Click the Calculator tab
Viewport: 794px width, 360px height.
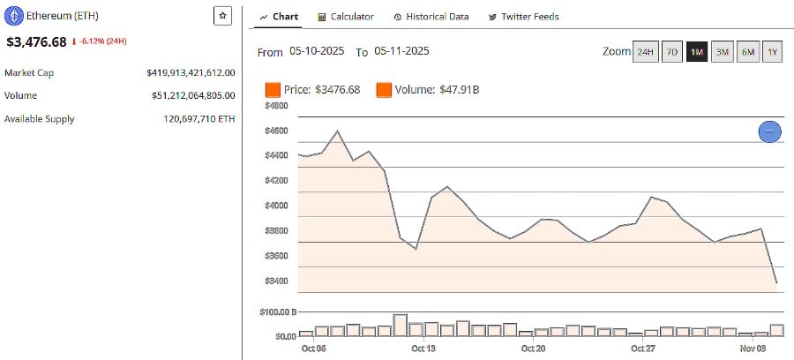click(346, 17)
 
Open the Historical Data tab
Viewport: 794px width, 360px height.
click(431, 17)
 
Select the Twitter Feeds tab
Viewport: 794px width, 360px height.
click(529, 17)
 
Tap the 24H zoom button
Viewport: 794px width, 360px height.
click(646, 52)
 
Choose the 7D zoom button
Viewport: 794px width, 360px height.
click(671, 52)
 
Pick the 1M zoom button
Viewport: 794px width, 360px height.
click(697, 52)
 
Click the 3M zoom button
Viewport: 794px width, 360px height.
click(723, 52)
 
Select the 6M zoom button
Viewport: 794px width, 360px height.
click(748, 52)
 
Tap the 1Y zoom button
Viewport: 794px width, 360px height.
click(773, 52)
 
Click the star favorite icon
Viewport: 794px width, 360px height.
click(222, 16)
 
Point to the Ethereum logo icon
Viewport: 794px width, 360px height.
click(14, 16)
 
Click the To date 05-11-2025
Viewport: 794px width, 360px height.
click(401, 52)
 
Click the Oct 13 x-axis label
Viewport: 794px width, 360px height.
click(424, 348)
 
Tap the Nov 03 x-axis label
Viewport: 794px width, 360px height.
click(753, 348)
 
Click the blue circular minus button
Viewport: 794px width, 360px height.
click(769, 131)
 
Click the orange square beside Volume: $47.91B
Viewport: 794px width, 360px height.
click(384, 89)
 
